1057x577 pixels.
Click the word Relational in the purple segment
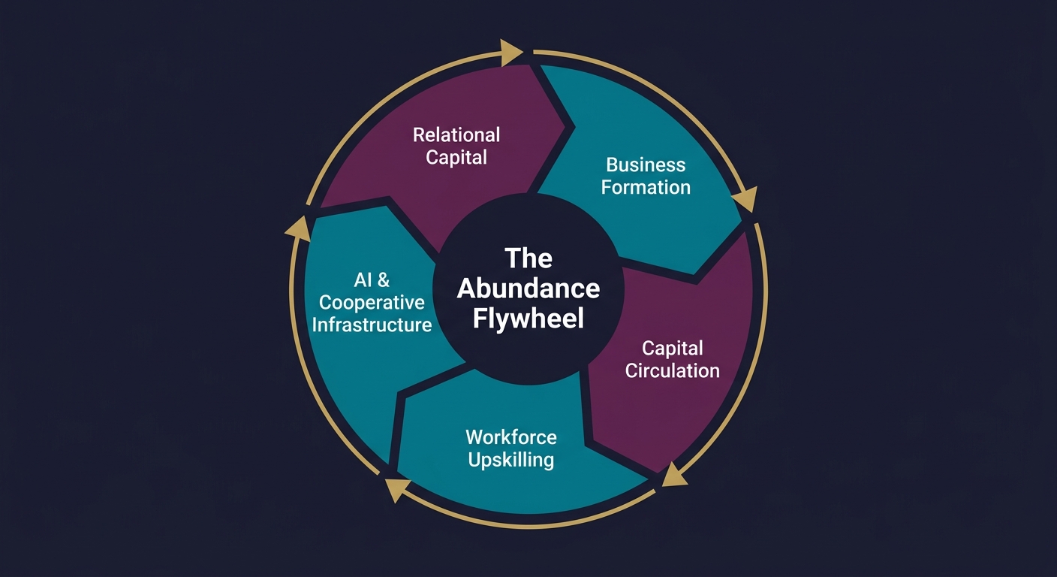pyautogui.click(x=456, y=135)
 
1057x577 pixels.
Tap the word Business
pyautogui.click(x=646, y=165)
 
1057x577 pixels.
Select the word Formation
pyautogui.click(x=646, y=187)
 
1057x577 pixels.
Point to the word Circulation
pyautogui.click(x=673, y=370)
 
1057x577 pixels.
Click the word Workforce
pyautogui.click(x=511, y=437)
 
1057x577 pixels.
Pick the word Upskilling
pyautogui.click(x=511, y=459)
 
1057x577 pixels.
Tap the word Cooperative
pyautogui.click(x=372, y=303)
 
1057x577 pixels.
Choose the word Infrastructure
pyautogui.click(x=372, y=325)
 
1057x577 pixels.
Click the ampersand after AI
pyautogui.click(x=383, y=280)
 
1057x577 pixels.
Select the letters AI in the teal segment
pyautogui.click(x=363, y=280)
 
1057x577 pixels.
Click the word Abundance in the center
pyautogui.click(x=528, y=288)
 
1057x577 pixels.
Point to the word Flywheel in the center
pyautogui.click(x=528, y=319)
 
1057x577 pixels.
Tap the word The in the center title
pyautogui.click(x=528, y=258)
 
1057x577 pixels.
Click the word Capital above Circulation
pyautogui.click(x=673, y=348)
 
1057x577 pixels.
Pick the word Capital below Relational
pyautogui.click(x=456, y=158)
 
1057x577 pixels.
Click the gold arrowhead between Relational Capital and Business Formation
pyautogui.click(x=512, y=52)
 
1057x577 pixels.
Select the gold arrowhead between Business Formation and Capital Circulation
pyautogui.click(x=745, y=201)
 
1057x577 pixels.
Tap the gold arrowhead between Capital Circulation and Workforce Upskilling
pyautogui.click(x=673, y=476)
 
